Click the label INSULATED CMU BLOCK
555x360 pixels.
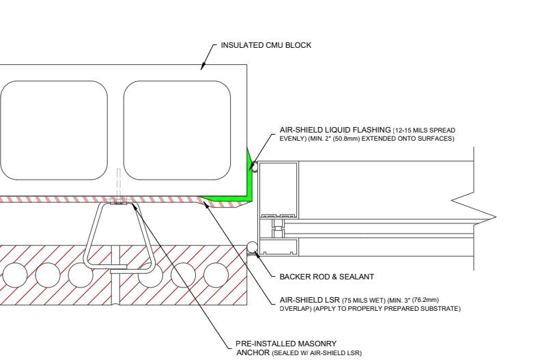pyautogui.click(x=266, y=45)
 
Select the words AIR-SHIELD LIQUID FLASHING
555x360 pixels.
pyautogui.click(x=324, y=130)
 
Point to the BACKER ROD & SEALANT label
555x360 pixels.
pyautogui.click(x=326, y=277)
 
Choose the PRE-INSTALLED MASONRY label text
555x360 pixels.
pyautogui.click(x=286, y=344)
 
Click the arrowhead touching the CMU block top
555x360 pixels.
pyautogui.click(x=203, y=67)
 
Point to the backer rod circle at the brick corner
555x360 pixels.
pyautogui.click(x=252, y=247)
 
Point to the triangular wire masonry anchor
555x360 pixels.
pyautogui.click(x=119, y=236)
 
